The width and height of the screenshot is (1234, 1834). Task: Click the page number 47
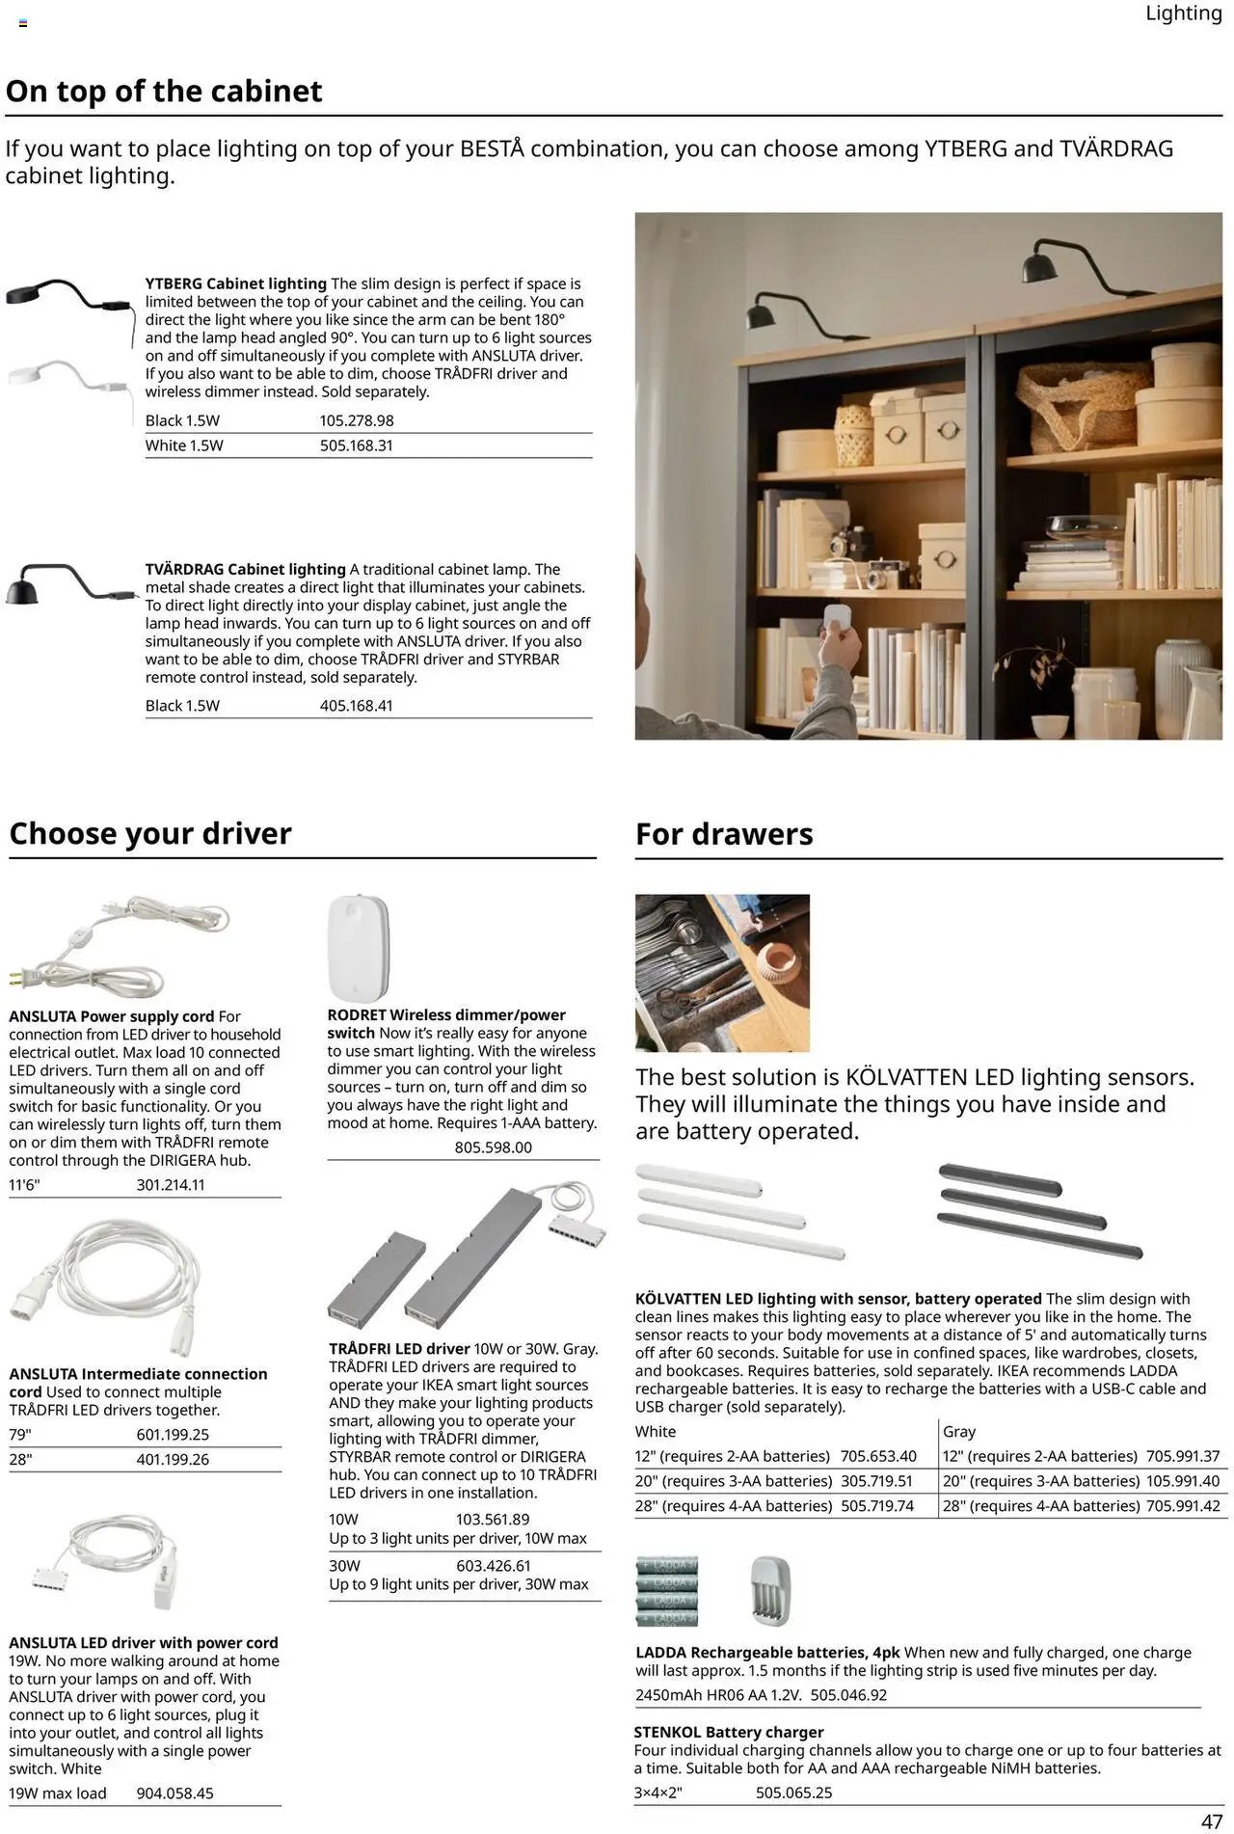tap(1212, 1821)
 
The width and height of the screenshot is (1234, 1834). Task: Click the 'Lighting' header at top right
tap(1183, 13)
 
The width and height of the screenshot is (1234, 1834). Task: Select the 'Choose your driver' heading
tap(150, 833)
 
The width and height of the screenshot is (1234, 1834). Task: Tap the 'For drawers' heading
tap(724, 834)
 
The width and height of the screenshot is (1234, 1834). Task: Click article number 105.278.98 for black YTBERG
tap(357, 420)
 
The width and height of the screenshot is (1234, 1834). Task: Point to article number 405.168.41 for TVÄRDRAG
tap(357, 706)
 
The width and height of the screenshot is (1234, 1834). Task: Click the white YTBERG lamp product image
tap(67, 378)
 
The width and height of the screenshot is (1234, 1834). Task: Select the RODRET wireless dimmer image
tap(359, 948)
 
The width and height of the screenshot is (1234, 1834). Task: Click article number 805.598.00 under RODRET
tap(493, 1147)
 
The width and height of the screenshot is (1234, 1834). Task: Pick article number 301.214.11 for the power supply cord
tap(171, 1185)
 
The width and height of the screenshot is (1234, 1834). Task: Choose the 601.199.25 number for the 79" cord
tap(173, 1435)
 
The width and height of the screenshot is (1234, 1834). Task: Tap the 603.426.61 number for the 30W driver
tap(494, 1566)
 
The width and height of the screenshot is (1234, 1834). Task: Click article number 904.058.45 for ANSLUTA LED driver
tap(174, 1794)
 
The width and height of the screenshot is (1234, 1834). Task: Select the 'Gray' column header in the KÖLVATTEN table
tap(959, 1432)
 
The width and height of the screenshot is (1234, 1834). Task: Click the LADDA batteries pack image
tap(666, 1592)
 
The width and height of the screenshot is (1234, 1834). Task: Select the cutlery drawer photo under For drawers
tap(722, 972)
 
